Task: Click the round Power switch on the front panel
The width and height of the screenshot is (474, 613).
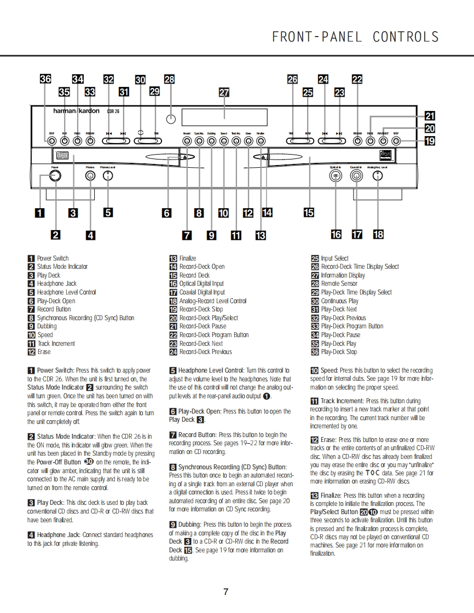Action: (x=54, y=175)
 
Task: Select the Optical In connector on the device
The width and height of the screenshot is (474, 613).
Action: (x=336, y=175)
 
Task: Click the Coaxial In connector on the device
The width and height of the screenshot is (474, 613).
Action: (x=356, y=175)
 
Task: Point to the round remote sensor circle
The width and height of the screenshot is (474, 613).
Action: (x=171, y=119)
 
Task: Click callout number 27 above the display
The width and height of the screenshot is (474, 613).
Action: (x=224, y=92)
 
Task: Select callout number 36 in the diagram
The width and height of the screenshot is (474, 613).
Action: (x=46, y=79)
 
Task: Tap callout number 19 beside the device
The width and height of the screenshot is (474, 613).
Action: (x=430, y=141)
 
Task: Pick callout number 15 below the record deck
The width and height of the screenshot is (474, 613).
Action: (x=309, y=213)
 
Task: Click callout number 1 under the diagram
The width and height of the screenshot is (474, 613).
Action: (x=39, y=213)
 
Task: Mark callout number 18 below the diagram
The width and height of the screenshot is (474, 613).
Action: (x=378, y=234)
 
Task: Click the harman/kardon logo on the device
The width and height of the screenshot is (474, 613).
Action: (x=76, y=111)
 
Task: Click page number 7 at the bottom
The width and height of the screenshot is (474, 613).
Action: (x=226, y=592)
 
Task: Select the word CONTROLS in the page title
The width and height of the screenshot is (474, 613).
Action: (x=406, y=37)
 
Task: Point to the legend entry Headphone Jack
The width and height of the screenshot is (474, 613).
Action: (x=56, y=284)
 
